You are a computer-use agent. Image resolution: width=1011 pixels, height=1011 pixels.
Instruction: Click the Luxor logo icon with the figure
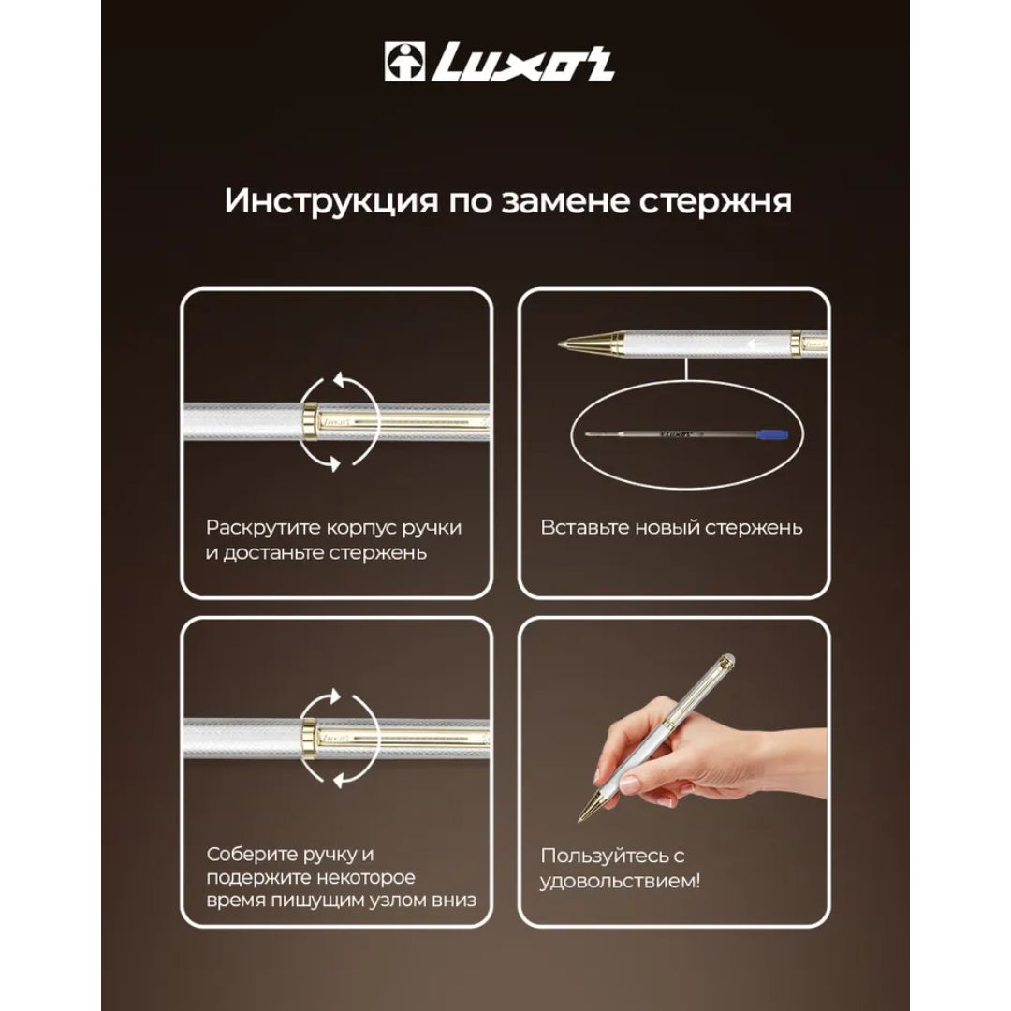point(405,62)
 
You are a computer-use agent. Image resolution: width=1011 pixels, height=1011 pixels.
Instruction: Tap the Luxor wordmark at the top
point(523,62)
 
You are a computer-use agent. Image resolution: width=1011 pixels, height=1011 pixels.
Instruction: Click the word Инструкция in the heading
point(330,201)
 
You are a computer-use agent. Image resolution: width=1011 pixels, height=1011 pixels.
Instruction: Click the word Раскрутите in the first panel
point(263,528)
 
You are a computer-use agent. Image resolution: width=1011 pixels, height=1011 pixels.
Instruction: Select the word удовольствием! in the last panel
point(620,881)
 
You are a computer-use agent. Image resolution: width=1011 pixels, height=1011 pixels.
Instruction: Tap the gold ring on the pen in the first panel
point(310,421)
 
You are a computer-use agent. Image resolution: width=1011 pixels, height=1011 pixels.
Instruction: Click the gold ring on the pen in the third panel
point(310,737)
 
